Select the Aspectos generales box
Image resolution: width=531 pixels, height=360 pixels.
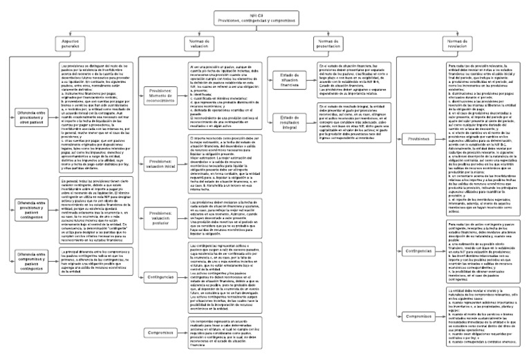(73, 44)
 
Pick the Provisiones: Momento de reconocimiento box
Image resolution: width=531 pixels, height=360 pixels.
(161, 95)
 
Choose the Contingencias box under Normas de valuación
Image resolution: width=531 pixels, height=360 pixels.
(161, 276)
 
